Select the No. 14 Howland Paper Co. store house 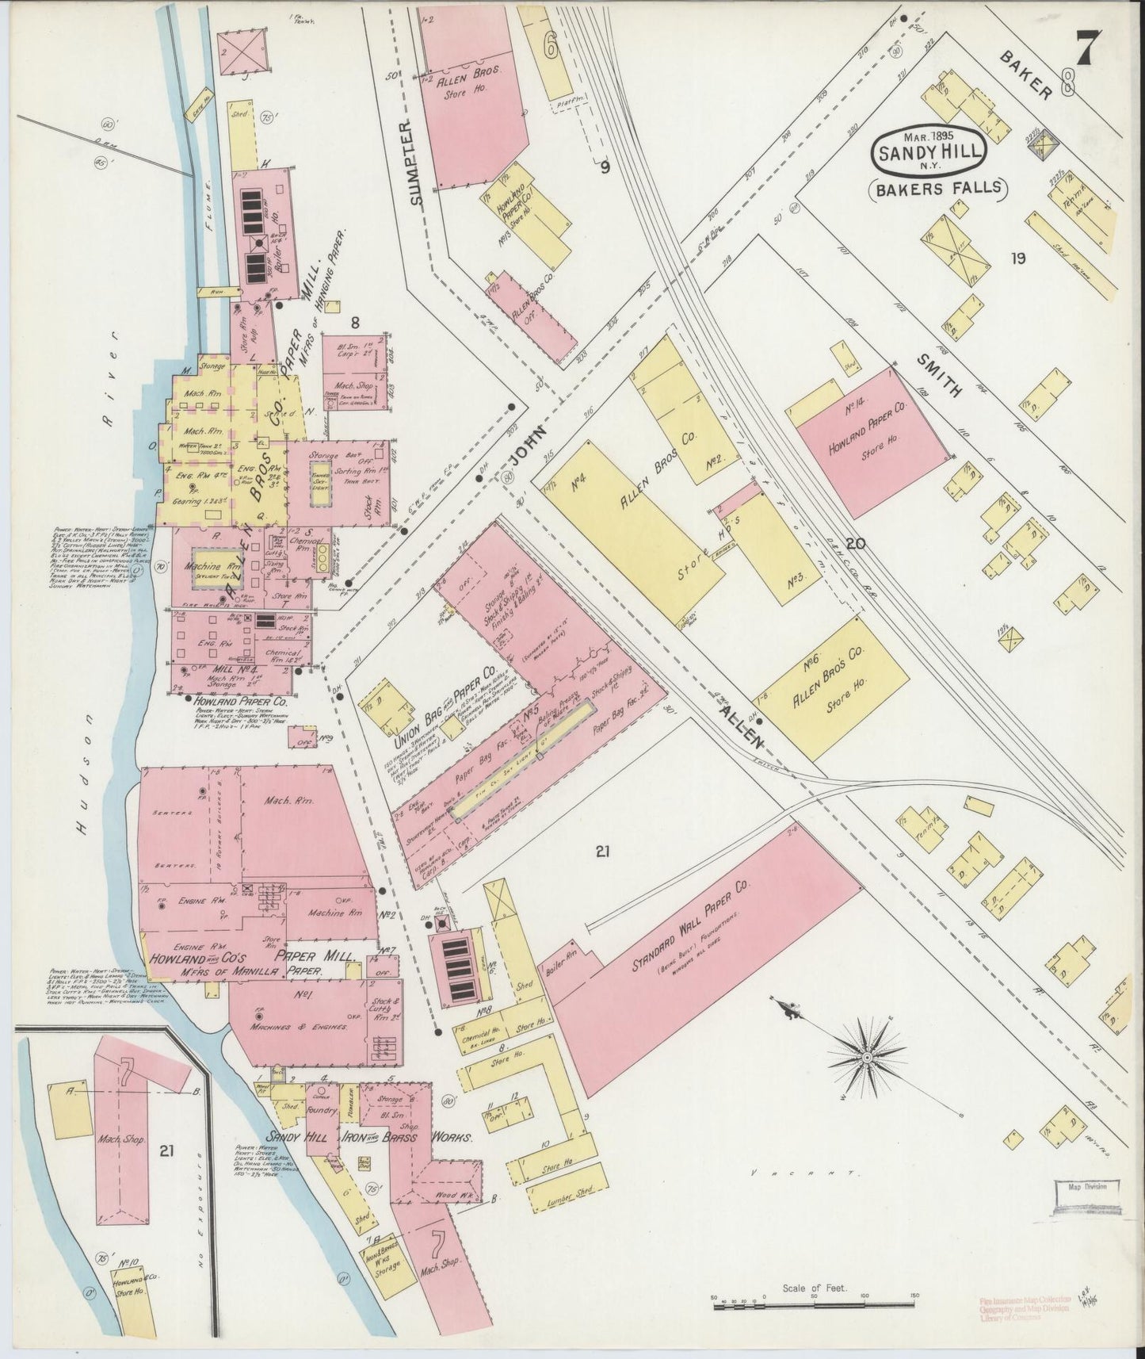click(872, 436)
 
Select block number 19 click(1017, 258)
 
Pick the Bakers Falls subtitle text click(937, 189)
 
